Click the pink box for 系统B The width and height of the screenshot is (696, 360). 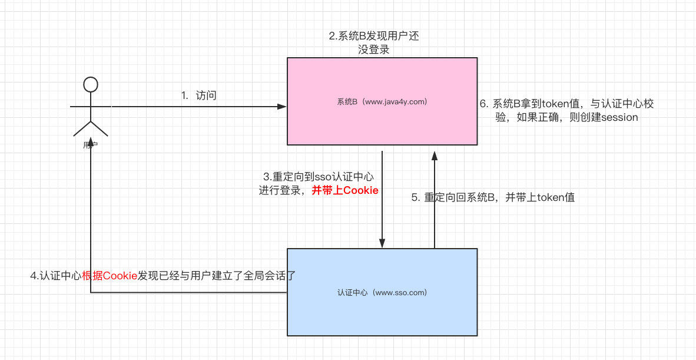[382, 127]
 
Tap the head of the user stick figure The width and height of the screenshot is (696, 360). [90, 84]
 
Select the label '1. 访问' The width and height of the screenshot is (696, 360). [198, 95]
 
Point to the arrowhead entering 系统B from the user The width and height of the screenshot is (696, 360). [282, 107]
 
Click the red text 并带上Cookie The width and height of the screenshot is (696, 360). [345, 190]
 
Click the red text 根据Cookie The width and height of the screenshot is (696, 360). [110, 275]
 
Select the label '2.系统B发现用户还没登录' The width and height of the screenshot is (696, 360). [374, 43]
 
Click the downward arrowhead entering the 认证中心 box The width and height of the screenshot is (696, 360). [382, 243]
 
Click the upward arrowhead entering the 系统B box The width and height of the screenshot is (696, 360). [435, 156]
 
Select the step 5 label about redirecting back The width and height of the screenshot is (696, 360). [493, 197]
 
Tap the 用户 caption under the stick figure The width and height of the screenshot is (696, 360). [90, 145]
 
